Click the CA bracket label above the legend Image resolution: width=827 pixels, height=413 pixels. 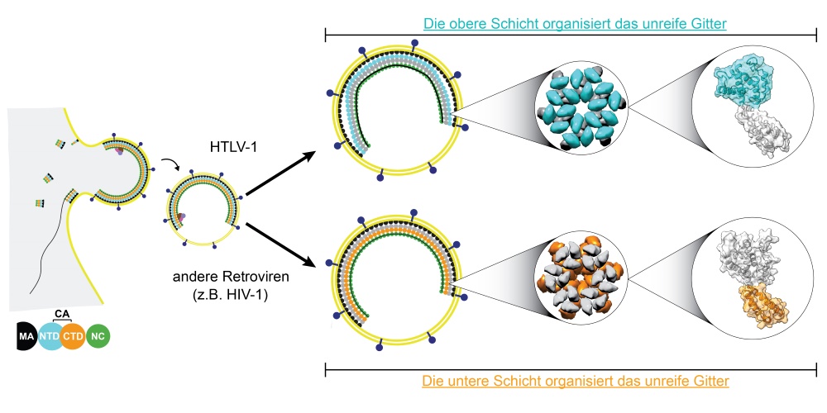(x=62, y=313)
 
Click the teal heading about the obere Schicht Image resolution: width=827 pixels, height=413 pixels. (x=574, y=24)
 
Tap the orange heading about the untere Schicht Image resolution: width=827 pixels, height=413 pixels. (x=575, y=382)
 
